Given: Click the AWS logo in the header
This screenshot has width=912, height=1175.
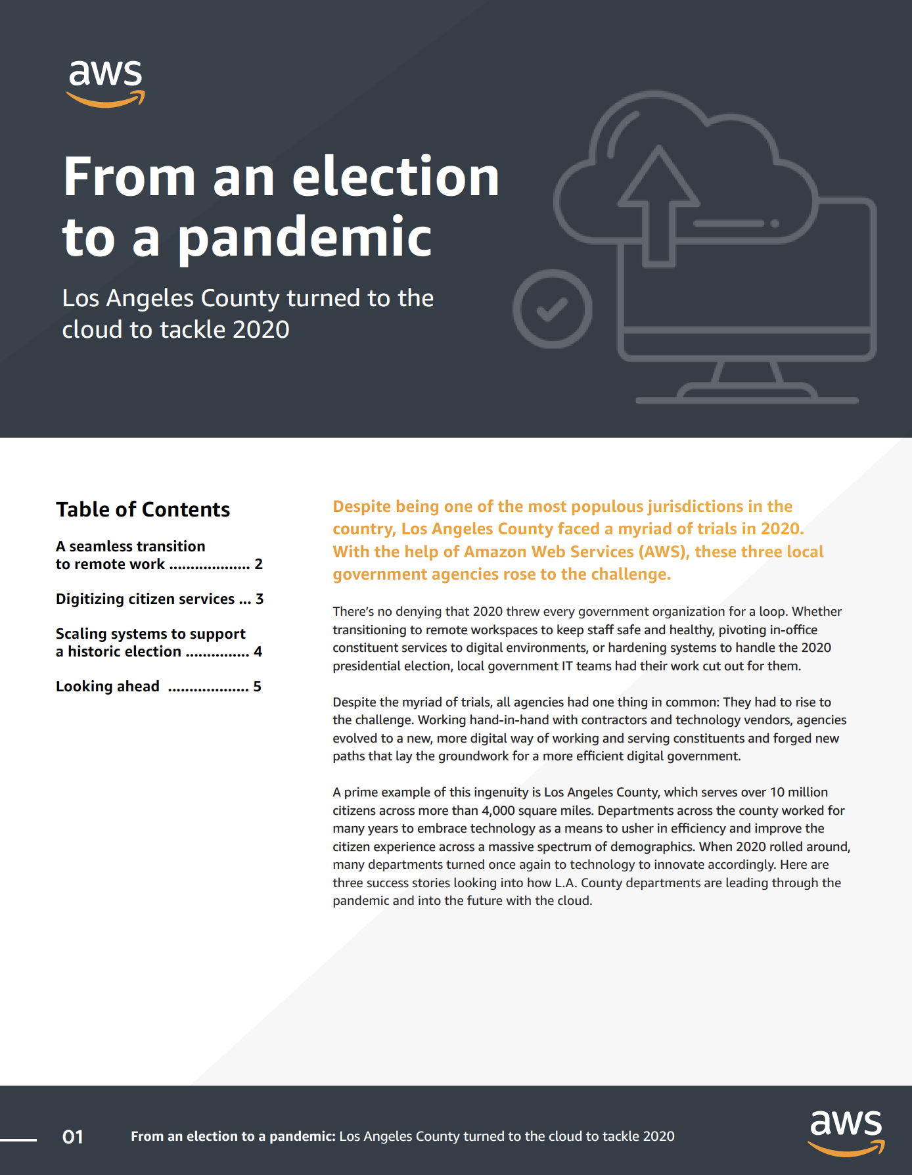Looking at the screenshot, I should point(105,83).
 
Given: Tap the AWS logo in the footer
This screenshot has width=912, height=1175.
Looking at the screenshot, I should point(846,1132).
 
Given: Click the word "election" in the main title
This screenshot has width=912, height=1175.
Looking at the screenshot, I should point(396,177).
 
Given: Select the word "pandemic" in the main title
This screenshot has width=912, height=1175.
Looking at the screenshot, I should point(305,237).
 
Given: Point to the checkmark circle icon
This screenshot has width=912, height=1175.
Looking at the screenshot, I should point(552,309).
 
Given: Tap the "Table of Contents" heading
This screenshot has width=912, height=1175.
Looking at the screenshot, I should point(143,509).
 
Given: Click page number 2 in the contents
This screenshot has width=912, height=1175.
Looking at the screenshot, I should point(258,564).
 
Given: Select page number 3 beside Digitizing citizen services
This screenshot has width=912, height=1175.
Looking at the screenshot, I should point(260,599).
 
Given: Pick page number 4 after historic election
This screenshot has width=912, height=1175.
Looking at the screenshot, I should point(258,651).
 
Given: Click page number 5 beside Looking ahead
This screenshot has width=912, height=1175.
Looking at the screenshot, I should point(258,686).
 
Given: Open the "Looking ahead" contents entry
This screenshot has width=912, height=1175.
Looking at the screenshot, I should point(108,686).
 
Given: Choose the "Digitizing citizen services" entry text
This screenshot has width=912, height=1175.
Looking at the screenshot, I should point(145,599).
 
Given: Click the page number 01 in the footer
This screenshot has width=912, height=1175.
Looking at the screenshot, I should point(72,1137).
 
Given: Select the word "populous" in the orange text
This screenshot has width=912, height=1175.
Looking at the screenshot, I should point(606,506).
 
